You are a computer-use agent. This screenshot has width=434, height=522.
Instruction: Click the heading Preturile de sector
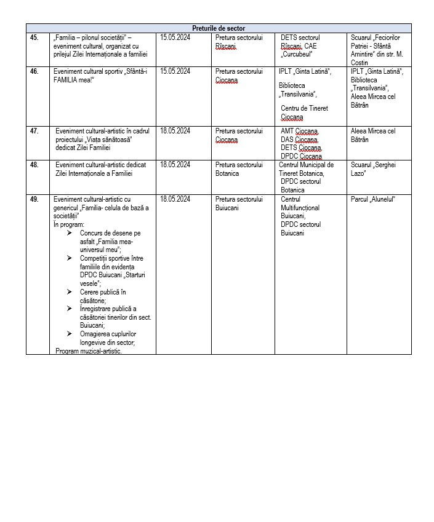pyautogui.click(x=219, y=28)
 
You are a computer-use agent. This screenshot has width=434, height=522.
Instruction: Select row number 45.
pyautogui.click(x=34, y=38)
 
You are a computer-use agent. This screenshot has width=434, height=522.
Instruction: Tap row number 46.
pyautogui.click(x=34, y=71)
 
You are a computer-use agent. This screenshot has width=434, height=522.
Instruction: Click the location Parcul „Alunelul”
pyautogui.click(x=372, y=199)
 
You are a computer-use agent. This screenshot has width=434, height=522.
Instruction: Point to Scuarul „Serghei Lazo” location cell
pyautogui.click(x=372, y=169)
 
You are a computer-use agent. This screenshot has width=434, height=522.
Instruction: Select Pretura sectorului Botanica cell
pyautogui.click(x=239, y=169)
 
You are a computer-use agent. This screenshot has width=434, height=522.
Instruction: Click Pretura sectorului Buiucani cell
pyautogui.click(x=239, y=204)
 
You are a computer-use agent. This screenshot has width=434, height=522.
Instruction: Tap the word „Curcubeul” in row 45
pyautogui.click(x=302, y=54)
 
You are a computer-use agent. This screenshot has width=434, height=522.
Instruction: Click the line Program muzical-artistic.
pyautogui.click(x=89, y=350)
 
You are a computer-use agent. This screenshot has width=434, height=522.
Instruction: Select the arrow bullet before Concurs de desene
pyautogui.click(x=69, y=234)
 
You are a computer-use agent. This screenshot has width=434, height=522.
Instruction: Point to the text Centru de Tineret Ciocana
pyautogui.click(x=304, y=113)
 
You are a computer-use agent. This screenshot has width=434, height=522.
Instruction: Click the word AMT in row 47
pyautogui.click(x=287, y=131)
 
